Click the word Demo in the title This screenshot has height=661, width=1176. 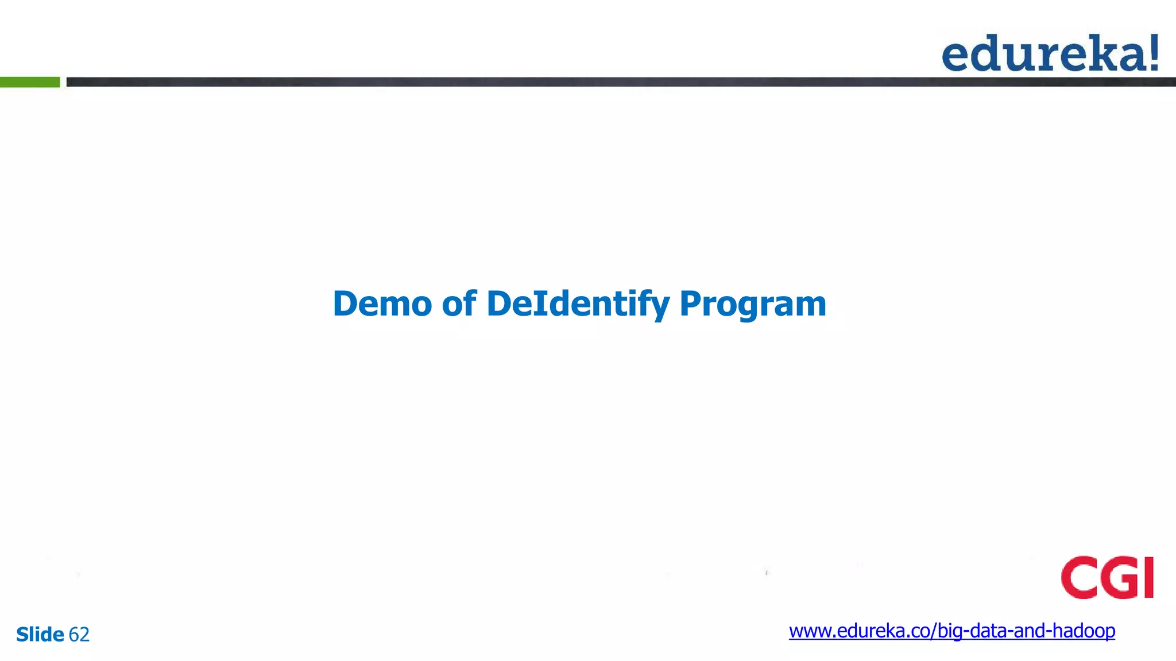tap(382, 304)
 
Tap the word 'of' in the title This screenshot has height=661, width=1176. tap(459, 304)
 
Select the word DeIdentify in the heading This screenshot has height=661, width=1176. tap(578, 304)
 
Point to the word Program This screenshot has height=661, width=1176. tap(753, 304)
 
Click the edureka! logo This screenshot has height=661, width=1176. tap(1050, 53)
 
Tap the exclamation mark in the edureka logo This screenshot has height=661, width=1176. tap(1152, 52)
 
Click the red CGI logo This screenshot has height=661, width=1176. tap(1107, 577)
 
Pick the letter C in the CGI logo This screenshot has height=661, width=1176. tap(1078, 577)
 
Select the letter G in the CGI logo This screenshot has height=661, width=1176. tap(1119, 577)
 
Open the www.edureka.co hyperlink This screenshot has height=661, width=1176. tap(951, 631)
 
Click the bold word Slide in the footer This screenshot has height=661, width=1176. tap(40, 635)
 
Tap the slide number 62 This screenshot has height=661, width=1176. tap(79, 635)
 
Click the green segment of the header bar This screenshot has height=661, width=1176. tap(30, 82)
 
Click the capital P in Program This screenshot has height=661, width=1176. tap(690, 304)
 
